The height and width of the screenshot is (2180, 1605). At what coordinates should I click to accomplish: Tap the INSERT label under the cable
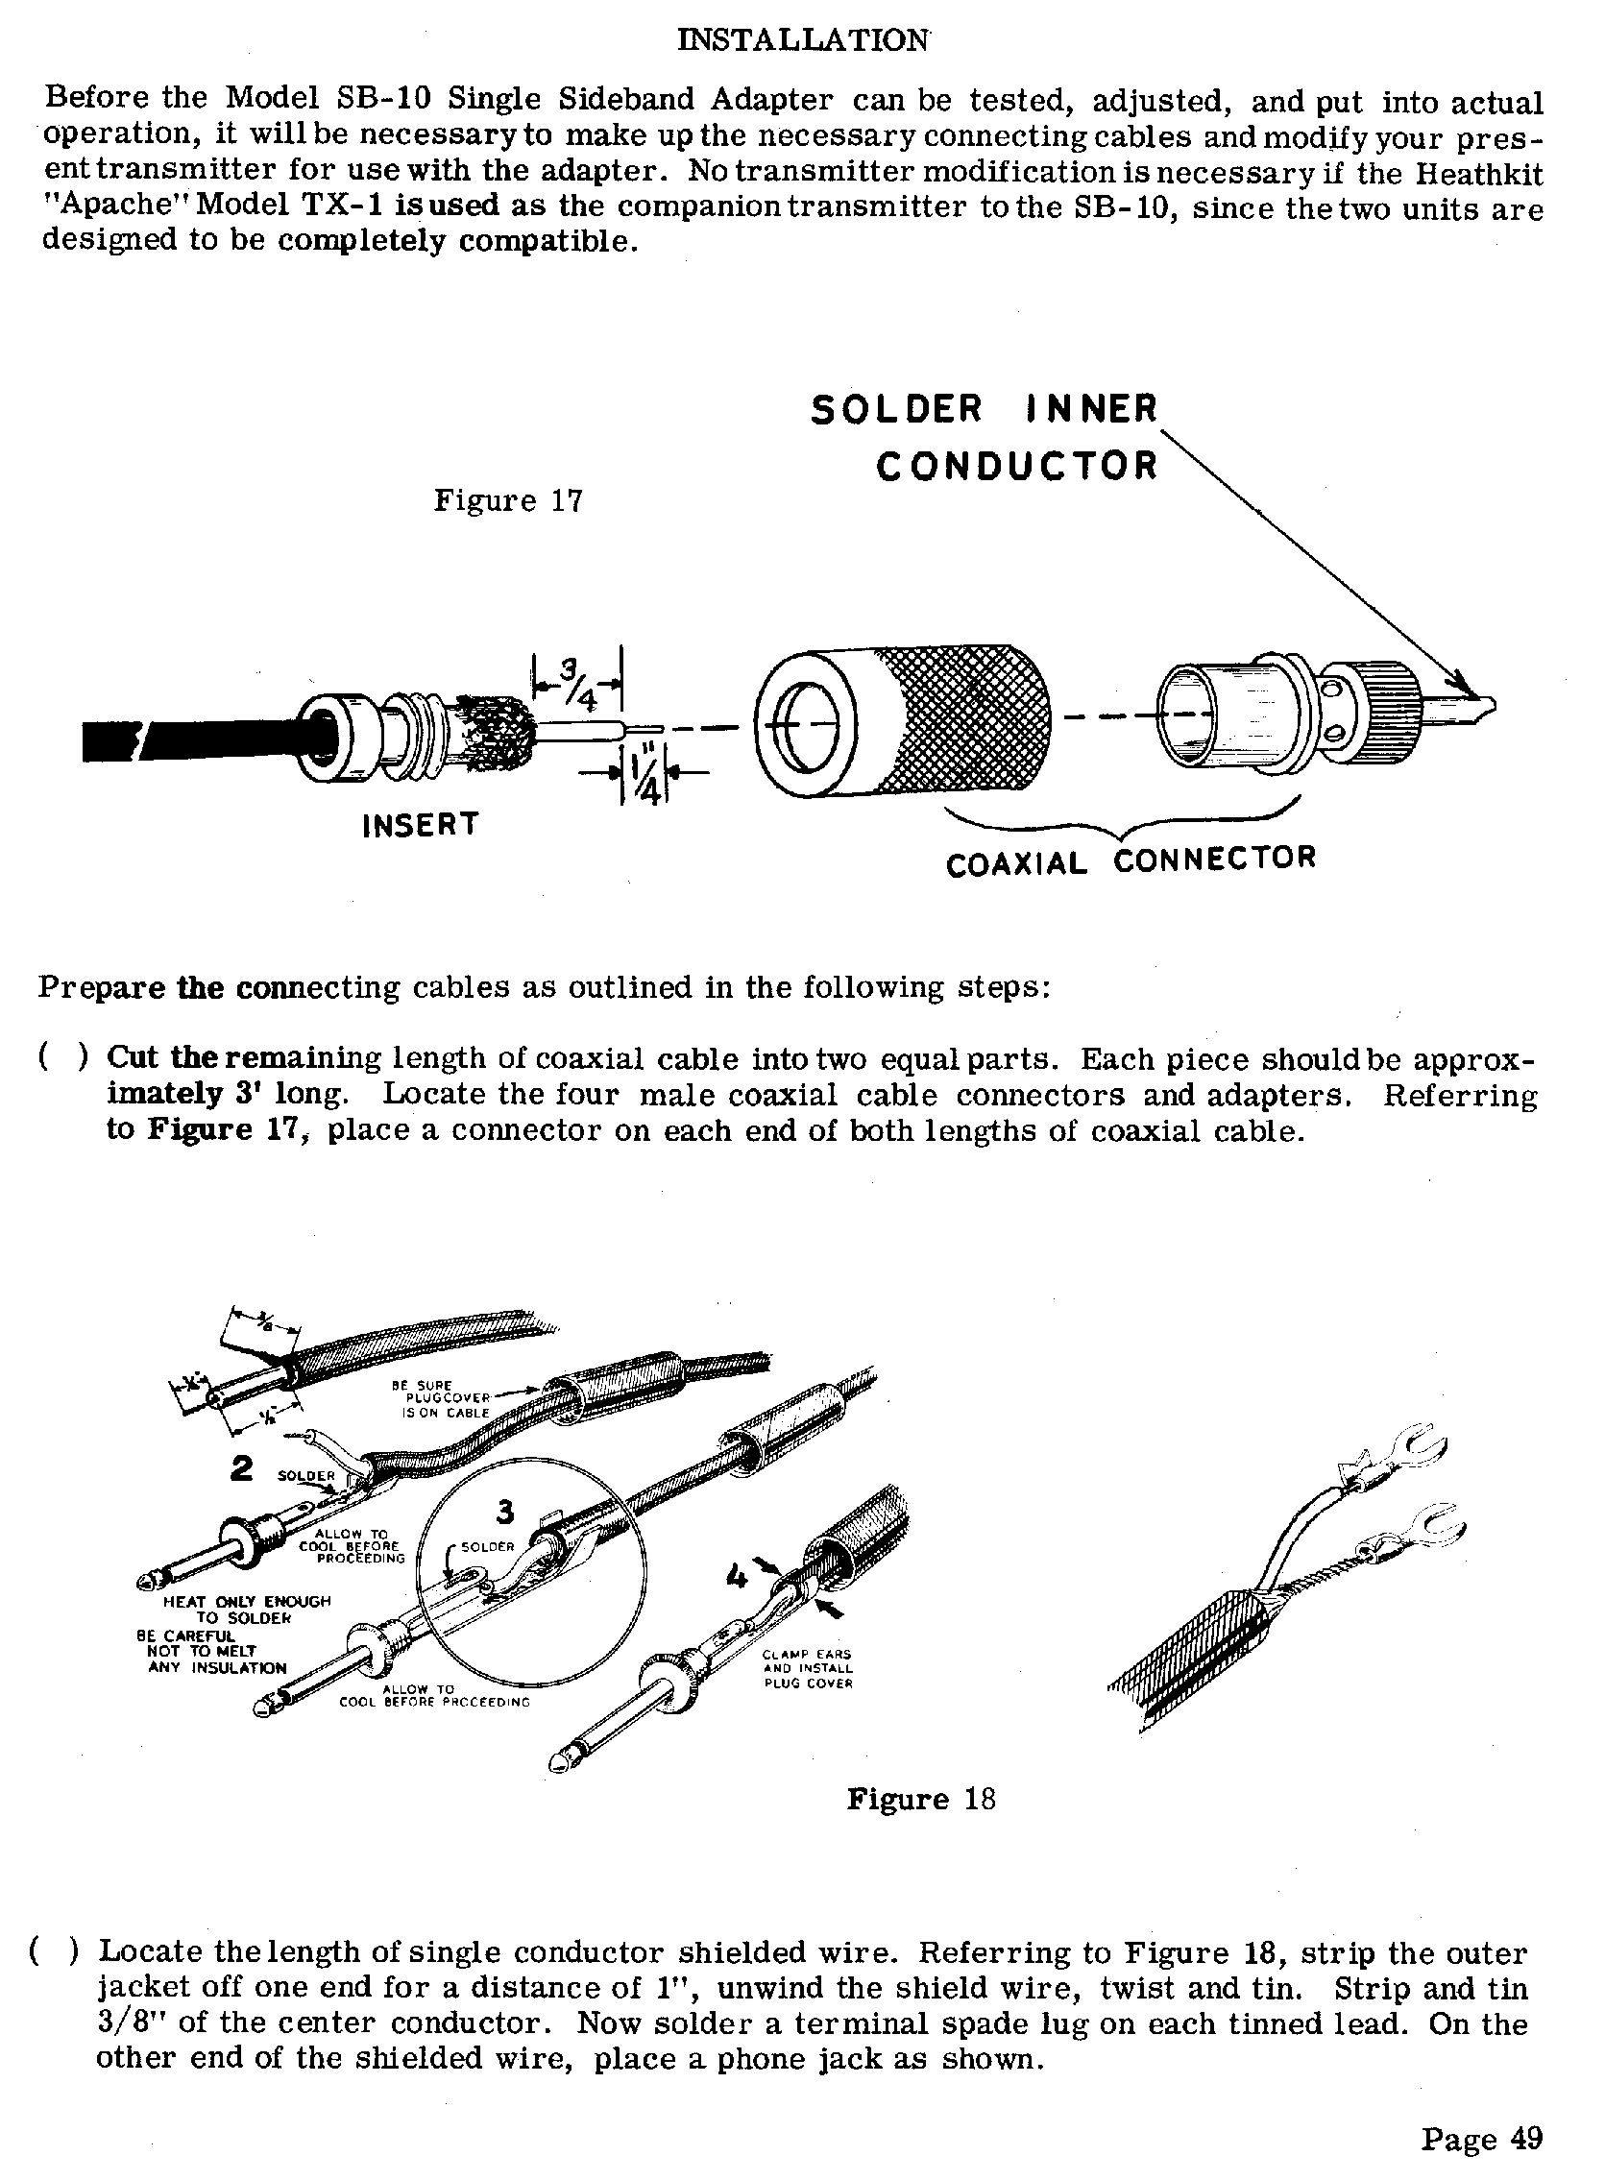click(421, 825)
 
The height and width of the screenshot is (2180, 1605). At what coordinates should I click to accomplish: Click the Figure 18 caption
click(921, 1799)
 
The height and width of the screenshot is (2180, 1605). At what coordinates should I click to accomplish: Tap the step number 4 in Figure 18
click(737, 1576)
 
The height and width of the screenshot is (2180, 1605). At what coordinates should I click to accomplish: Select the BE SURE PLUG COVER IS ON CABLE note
click(446, 1399)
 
